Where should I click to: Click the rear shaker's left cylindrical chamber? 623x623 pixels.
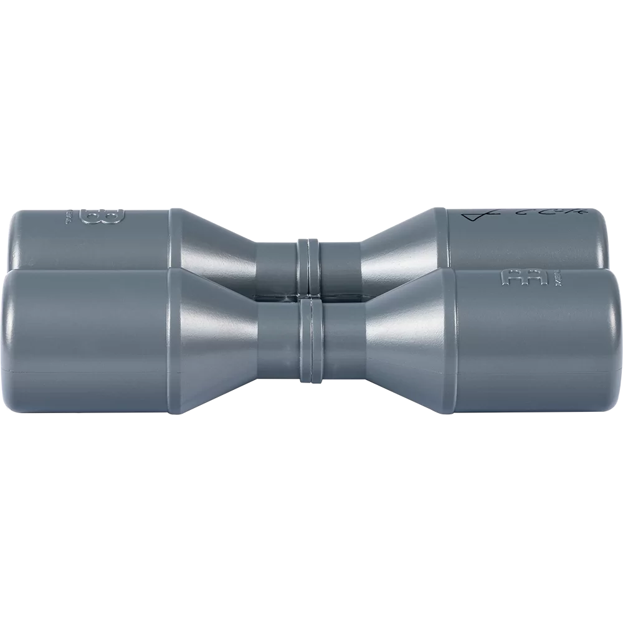(87, 240)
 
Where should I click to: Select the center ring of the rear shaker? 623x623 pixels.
(309, 262)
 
